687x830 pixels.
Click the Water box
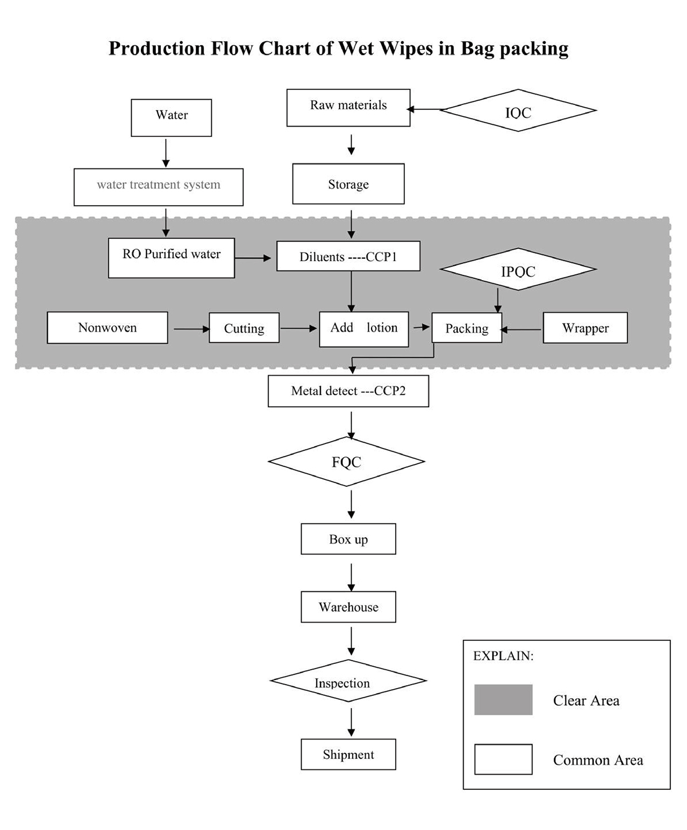click(171, 117)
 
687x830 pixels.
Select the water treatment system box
click(159, 187)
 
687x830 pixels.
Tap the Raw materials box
click(349, 108)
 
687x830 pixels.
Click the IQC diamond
click(518, 111)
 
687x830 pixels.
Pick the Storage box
click(349, 184)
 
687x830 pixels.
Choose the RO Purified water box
click(171, 258)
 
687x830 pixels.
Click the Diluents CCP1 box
click(349, 256)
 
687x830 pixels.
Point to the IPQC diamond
click(518, 269)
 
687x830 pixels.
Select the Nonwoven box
click(107, 328)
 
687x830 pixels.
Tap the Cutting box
click(244, 328)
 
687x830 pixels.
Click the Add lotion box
click(364, 329)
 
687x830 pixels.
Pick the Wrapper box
click(585, 328)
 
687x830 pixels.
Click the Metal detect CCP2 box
click(349, 391)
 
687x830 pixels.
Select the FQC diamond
click(346, 462)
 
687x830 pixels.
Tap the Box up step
click(349, 539)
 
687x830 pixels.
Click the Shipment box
click(349, 754)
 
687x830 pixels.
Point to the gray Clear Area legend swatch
click(503, 699)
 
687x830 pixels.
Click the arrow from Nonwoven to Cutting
click(192, 329)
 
